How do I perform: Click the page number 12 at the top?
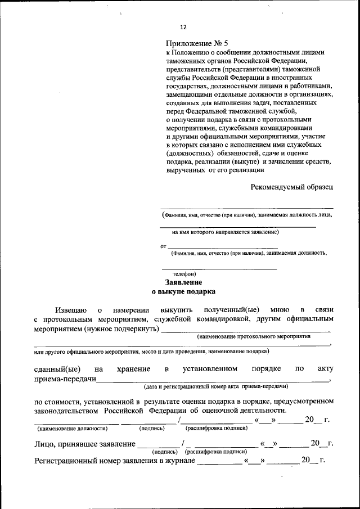click(x=183, y=27)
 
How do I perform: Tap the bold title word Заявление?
click(x=183, y=282)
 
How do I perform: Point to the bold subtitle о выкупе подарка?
click(x=183, y=292)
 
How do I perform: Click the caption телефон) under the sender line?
click(x=184, y=273)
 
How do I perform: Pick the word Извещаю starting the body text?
click(x=70, y=309)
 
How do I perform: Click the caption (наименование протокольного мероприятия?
click(x=254, y=336)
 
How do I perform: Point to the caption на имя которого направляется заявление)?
click(x=226, y=231)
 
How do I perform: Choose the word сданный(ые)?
click(x=57, y=369)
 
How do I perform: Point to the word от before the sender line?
click(x=163, y=246)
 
